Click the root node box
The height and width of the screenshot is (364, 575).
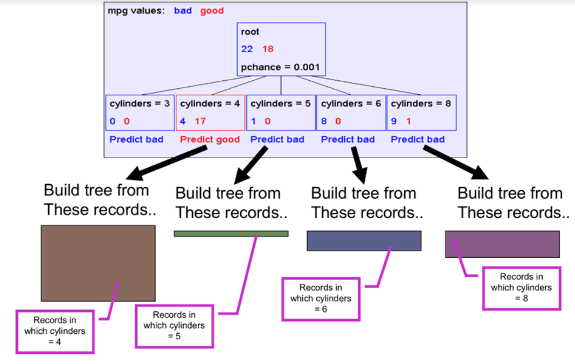(x=281, y=49)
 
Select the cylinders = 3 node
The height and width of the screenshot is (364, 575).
(x=140, y=112)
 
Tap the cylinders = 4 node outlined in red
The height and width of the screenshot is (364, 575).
(x=211, y=112)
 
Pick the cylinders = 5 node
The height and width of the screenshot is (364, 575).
(x=281, y=112)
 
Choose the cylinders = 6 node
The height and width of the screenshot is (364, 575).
(x=351, y=112)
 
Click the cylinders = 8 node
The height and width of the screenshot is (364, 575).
(x=421, y=112)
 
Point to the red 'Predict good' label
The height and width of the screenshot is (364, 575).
(x=210, y=139)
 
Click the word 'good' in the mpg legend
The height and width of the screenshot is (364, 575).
(x=212, y=11)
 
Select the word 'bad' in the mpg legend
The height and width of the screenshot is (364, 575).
(x=183, y=11)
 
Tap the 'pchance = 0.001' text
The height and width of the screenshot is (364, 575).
(x=280, y=67)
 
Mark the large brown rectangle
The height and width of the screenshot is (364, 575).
(x=98, y=263)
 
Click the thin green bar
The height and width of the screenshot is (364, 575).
(x=231, y=234)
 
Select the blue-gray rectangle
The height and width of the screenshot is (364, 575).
(x=364, y=241)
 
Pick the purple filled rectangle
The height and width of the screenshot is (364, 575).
(x=502, y=244)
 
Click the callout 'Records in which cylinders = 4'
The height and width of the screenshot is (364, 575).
(x=55, y=331)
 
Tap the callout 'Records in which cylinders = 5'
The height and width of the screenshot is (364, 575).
(x=174, y=325)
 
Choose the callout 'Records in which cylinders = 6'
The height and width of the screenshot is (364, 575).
(x=321, y=298)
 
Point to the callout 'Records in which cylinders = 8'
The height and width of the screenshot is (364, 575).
(x=521, y=288)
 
